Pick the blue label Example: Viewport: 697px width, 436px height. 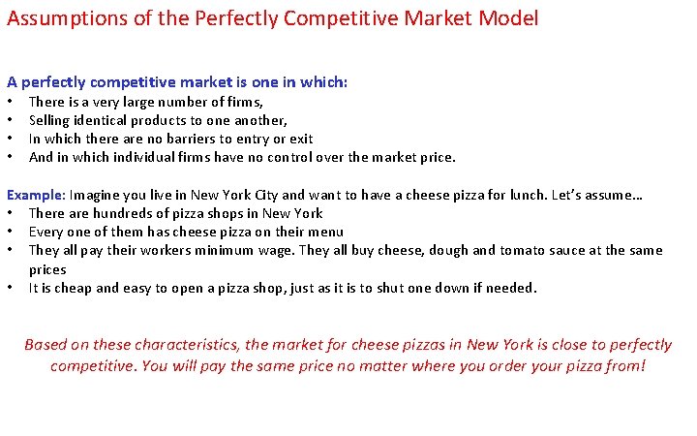click(36, 195)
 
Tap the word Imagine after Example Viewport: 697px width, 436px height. click(98, 195)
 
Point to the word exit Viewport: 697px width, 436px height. click(300, 139)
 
